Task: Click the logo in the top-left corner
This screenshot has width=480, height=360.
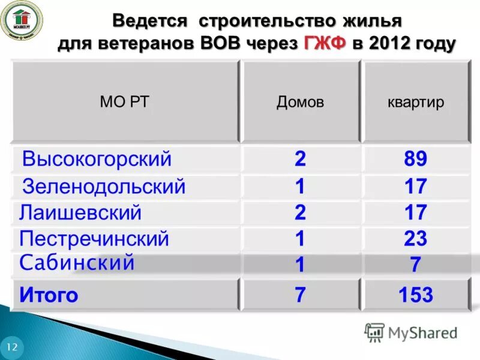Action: [21, 20]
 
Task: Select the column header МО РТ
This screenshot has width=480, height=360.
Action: [124, 102]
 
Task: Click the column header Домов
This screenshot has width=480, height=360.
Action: [300, 102]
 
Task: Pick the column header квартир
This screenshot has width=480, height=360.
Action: [416, 102]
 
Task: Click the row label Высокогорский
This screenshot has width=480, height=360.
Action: [97, 160]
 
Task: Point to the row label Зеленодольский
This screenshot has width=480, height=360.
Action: [104, 187]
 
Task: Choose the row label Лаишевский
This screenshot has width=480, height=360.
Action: [80, 212]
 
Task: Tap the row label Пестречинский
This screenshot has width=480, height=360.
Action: [94, 239]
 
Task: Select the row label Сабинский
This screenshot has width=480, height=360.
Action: [77, 263]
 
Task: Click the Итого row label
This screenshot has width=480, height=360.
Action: [49, 295]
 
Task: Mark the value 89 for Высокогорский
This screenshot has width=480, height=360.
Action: [415, 160]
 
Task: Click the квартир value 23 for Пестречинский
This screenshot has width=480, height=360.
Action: [415, 239]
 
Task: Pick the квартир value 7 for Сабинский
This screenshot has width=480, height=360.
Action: [415, 265]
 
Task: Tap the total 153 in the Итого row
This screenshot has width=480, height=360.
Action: [415, 295]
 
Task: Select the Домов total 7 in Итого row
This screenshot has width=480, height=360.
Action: [300, 295]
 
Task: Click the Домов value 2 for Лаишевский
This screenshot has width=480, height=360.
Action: [300, 212]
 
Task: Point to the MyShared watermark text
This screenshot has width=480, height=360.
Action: [423, 332]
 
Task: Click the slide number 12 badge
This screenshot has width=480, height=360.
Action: [12, 347]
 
